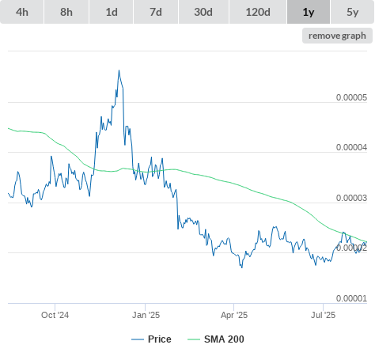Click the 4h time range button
tap(22, 12)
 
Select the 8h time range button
tap(66, 12)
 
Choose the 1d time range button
tap(112, 12)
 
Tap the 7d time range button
tap(156, 12)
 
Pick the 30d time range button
tap(203, 12)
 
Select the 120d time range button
tap(258, 12)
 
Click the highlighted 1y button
tap(309, 12)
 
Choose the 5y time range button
tap(353, 12)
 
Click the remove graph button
tap(337, 36)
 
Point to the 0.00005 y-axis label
tap(351, 97)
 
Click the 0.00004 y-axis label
tap(351, 147)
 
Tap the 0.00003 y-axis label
tap(351, 198)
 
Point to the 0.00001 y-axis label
tap(351, 298)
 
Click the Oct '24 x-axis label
tap(55, 315)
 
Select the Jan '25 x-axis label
tap(146, 315)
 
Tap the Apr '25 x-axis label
tap(234, 315)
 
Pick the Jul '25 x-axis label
tap(323, 315)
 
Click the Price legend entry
tap(151, 339)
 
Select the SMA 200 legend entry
tap(216, 339)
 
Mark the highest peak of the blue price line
tap(119, 70)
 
